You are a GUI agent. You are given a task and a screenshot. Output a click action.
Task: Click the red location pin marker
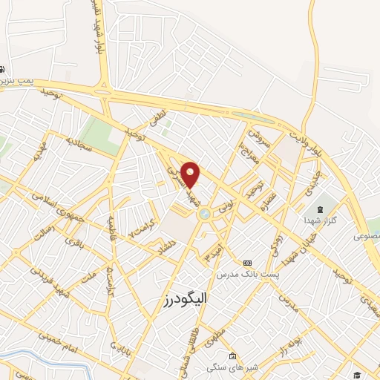pos(191,175)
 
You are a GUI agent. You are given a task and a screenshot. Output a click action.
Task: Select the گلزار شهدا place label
pos(320,221)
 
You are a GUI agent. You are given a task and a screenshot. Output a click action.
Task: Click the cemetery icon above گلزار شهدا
pos(320,209)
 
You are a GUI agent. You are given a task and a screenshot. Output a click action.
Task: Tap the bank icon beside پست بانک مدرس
pos(247,263)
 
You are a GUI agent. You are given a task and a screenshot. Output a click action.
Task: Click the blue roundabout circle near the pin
pos(204,214)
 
